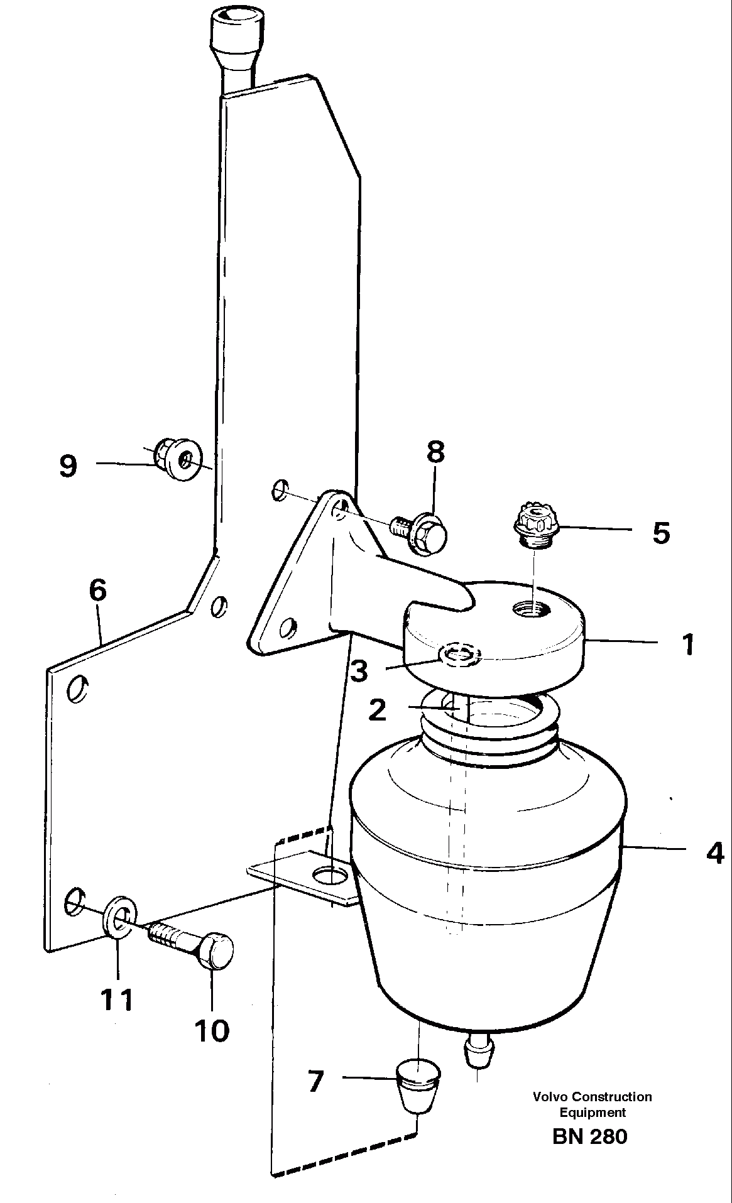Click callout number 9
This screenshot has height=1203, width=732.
point(68,466)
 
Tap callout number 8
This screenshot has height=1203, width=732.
point(435,452)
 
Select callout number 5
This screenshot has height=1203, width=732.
point(661,533)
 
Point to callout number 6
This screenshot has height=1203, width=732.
point(98,591)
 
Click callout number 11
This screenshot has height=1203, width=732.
point(117,999)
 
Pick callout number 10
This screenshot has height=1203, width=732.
point(212,1030)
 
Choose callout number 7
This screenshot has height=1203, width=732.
point(315,1081)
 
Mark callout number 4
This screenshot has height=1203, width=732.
point(714,853)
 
